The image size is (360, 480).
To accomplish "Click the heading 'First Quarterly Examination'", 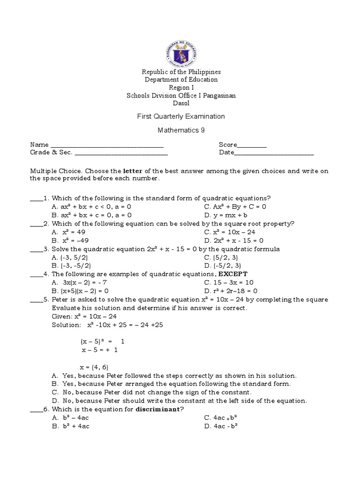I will (181, 116).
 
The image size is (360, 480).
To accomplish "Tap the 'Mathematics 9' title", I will (181, 130).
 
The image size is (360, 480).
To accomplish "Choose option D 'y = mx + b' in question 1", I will (225, 215).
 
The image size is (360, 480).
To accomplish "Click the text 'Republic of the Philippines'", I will (181, 72).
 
